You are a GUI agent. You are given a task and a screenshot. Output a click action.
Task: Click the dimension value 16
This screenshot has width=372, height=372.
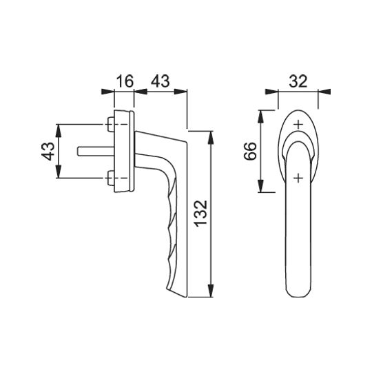point(125,81)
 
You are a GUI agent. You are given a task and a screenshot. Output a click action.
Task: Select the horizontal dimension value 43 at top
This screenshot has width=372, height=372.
point(161,81)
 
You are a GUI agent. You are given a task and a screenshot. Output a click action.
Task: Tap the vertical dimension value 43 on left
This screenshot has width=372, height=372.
point(48,151)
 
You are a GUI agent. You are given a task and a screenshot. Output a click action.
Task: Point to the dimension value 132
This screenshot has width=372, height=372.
point(200,214)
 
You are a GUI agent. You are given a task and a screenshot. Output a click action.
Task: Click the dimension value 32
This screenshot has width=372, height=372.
point(298,81)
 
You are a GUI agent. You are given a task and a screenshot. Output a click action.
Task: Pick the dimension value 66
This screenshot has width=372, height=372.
point(250,151)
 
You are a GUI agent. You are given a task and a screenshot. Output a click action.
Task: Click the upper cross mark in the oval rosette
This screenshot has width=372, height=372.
point(298,124)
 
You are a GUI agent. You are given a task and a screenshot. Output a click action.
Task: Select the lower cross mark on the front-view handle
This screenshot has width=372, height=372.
point(298,178)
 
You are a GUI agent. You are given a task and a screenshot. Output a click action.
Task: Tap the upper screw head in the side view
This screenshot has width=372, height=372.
point(110,124)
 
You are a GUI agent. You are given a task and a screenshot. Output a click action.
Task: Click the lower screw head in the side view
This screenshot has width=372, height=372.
point(110,178)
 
